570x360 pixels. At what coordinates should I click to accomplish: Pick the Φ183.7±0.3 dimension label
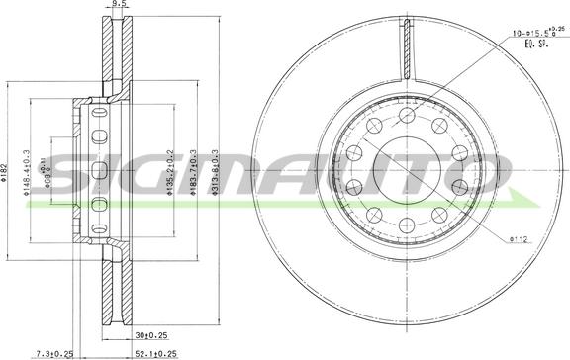[x=196, y=172]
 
